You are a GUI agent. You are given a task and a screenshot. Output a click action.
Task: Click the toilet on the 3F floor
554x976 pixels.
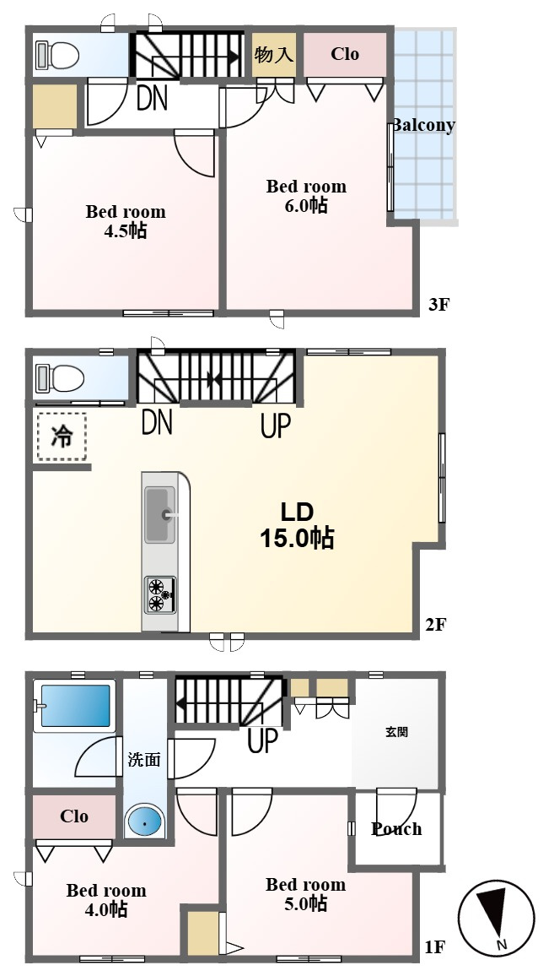[58, 56]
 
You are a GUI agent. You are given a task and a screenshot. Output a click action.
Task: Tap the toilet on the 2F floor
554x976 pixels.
[60, 378]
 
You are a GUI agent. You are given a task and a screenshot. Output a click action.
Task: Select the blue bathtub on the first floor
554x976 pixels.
[75, 705]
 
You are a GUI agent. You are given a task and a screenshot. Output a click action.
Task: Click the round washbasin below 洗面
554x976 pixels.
[145, 822]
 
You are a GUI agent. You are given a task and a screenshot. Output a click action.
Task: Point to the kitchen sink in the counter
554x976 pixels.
[160, 515]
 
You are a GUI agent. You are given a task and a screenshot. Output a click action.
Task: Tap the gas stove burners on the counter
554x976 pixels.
[160, 595]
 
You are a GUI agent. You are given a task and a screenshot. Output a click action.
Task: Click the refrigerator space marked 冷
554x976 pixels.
[62, 436]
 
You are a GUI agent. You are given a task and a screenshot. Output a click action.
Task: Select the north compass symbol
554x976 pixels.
[496, 918]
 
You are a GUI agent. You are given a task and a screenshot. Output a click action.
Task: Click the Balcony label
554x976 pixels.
[422, 126]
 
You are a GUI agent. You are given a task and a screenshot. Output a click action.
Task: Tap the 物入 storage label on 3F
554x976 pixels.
[273, 55]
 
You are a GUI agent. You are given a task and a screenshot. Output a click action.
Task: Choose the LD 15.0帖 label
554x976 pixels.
[296, 525]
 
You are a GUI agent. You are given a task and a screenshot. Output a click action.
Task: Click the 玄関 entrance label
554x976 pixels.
[396, 732]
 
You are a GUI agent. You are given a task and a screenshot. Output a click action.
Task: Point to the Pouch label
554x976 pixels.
[396, 829]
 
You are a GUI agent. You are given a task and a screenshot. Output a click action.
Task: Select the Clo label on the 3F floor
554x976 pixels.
[345, 54]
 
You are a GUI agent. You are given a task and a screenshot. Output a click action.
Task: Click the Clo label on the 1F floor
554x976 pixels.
[74, 816]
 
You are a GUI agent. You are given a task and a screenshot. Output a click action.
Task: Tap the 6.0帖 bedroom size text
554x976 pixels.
[306, 205]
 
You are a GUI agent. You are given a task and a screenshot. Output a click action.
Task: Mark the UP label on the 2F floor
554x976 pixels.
[275, 426]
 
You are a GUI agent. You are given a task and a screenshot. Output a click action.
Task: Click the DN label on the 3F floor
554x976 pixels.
[153, 98]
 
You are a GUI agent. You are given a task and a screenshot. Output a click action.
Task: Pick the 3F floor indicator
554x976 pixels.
[438, 305]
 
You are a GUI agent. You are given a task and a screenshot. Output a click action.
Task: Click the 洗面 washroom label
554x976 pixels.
[144, 759]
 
